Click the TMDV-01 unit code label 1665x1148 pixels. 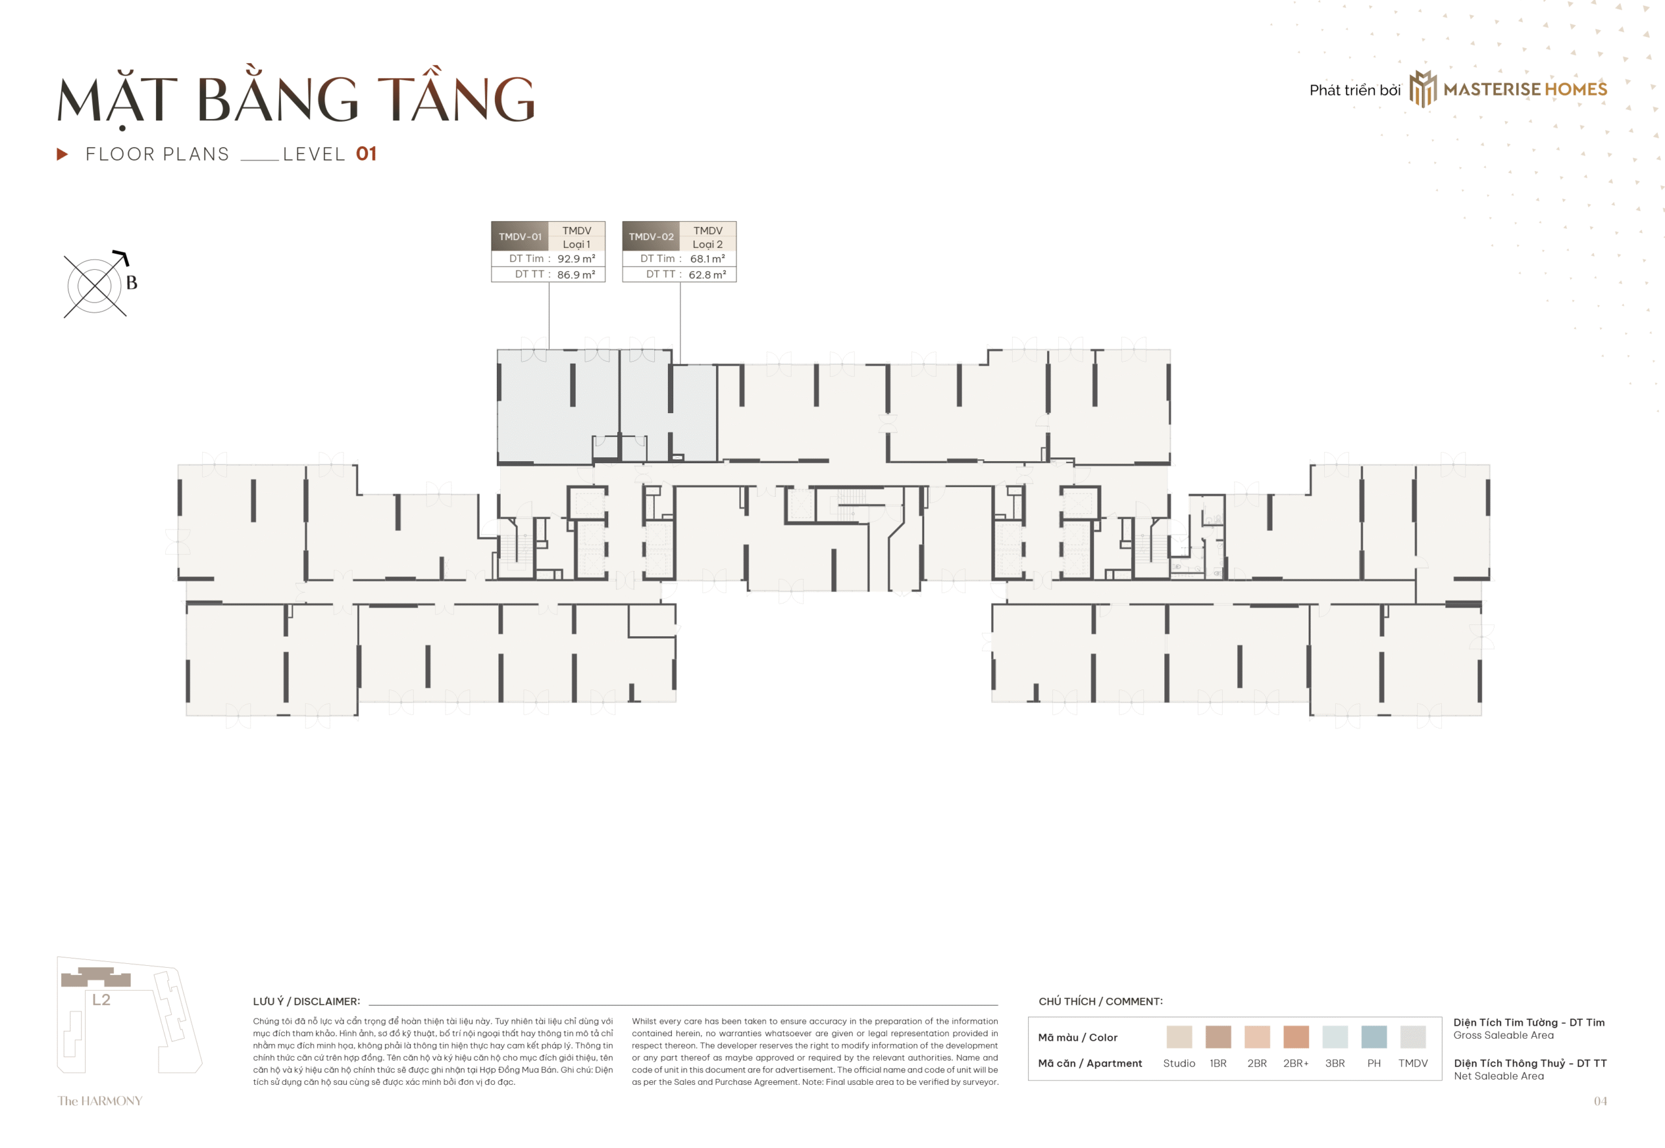click(519, 237)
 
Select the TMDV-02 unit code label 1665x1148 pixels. click(651, 237)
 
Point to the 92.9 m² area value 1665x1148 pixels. click(576, 259)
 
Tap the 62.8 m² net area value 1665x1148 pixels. click(707, 274)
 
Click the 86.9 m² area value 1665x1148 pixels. click(576, 274)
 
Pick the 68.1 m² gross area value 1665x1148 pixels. click(707, 259)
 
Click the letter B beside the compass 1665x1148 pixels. click(131, 283)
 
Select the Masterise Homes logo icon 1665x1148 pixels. click(1422, 89)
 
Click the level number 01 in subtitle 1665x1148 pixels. click(366, 154)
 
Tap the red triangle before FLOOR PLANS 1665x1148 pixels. click(62, 154)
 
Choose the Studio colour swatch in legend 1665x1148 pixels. click(1179, 1037)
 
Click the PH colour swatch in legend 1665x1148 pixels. click(1374, 1037)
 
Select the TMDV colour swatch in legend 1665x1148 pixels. click(1413, 1037)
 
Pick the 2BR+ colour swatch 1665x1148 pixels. click(1296, 1037)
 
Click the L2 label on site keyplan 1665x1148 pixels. click(101, 999)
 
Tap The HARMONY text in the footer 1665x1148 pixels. click(100, 1101)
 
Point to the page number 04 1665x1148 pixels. click(1599, 1101)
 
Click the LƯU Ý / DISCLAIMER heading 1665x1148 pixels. click(306, 1001)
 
